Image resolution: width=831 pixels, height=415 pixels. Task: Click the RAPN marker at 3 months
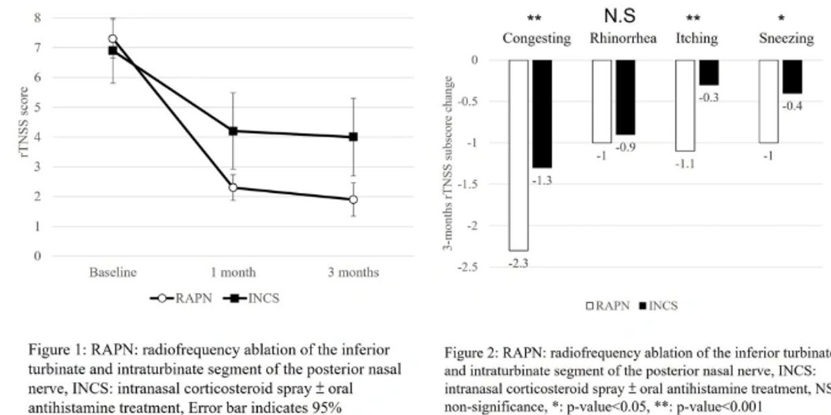pos(353,199)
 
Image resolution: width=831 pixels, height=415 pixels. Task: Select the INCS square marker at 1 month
pos(233,131)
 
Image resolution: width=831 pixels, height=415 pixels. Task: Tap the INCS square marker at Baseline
pos(113,50)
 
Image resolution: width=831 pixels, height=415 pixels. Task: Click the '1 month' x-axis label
pos(233,273)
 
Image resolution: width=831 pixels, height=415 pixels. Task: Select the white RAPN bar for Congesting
pos(519,155)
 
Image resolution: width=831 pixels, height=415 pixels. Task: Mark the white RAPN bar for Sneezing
pos(769,101)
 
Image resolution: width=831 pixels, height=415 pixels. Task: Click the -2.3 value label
pos(518,263)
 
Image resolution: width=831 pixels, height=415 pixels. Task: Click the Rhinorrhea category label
pos(623,38)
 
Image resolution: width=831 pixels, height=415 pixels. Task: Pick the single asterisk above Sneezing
pos(781,19)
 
